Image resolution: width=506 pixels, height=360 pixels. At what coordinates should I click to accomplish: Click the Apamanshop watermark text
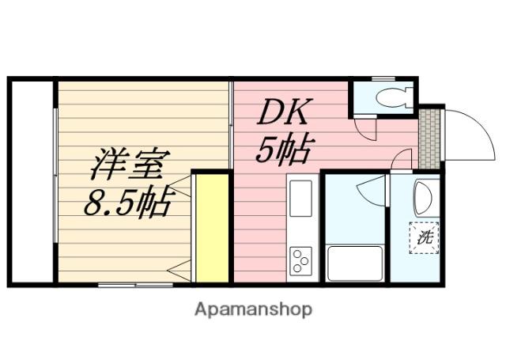pyautogui.click(x=253, y=309)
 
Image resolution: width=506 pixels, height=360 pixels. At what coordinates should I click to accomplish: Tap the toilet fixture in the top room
pyautogui.click(x=390, y=97)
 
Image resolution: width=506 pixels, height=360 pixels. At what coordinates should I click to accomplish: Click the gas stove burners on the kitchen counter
pyautogui.click(x=301, y=260)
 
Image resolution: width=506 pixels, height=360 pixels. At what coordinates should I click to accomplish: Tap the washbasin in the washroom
pyautogui.click(x=424, y=198)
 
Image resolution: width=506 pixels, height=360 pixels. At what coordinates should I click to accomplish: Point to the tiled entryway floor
pyautogui.click(x=429, y=138)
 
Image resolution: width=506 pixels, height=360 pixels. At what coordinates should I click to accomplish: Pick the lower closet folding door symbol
pyautogui.click(x=179, y=269)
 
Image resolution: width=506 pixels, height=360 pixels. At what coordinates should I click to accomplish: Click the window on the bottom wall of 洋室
pyautogui.click(x=134, y=284)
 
